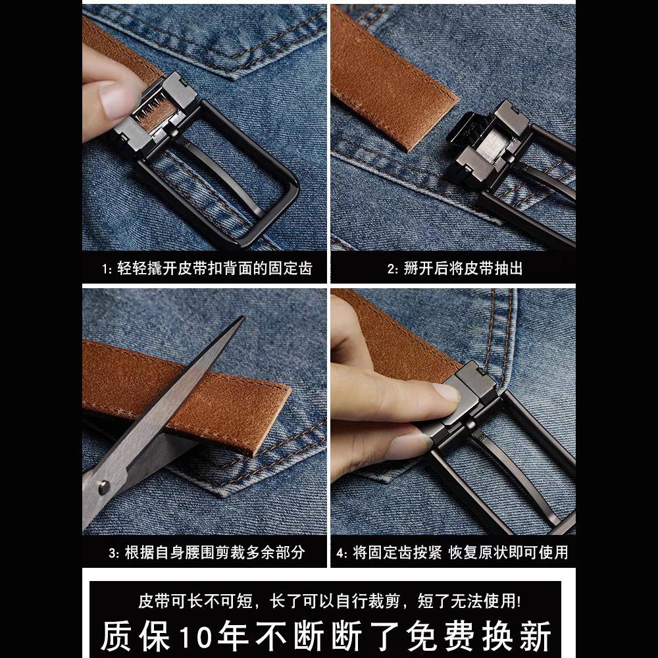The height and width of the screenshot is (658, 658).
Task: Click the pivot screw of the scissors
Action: click(x=104, y=488)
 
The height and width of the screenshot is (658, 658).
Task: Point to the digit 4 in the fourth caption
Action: click(x=341, y=552)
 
